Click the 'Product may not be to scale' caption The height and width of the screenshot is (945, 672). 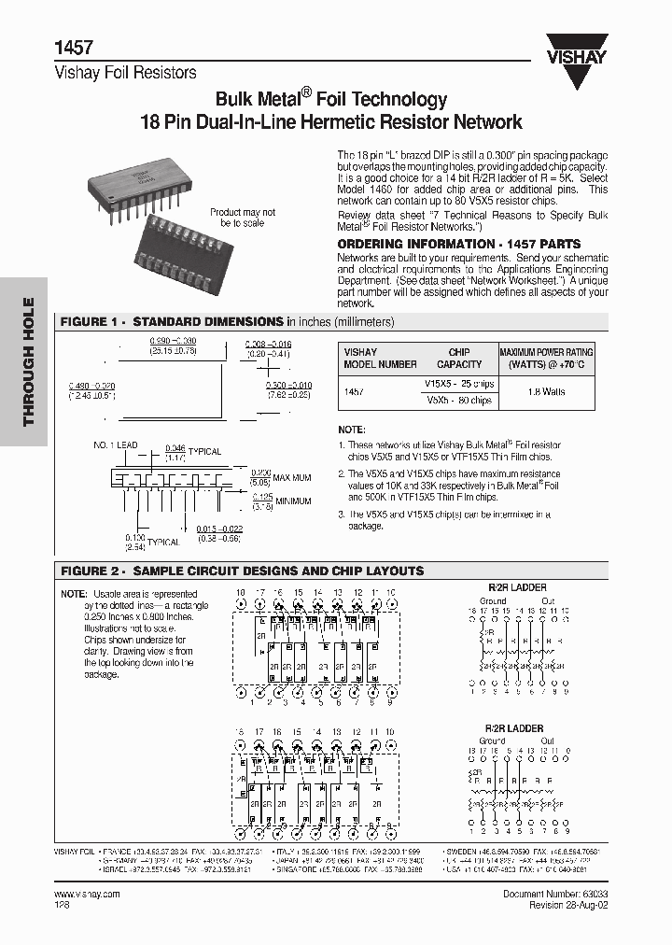point(243,218)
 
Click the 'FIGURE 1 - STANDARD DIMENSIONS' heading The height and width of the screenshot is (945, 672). point(173,321)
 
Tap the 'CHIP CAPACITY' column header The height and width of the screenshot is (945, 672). point(459,359)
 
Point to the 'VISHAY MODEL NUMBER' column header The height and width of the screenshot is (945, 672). point(380,359)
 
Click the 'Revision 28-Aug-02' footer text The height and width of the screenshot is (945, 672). point(568,905)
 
